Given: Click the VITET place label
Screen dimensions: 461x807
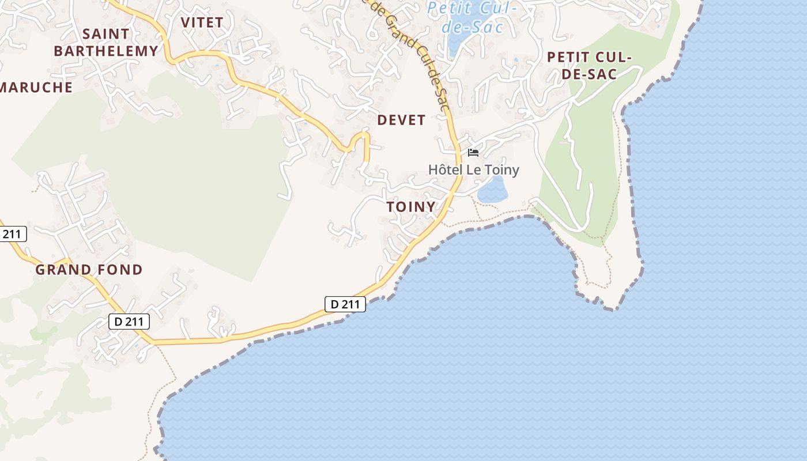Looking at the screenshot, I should coord(202,22).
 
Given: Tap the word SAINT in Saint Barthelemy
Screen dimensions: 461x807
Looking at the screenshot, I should coord(106,34).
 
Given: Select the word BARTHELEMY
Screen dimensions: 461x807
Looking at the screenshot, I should coord(106,51).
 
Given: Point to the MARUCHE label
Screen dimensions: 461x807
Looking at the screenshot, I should coord(36,87).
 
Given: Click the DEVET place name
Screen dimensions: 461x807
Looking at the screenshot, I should coord(401,120).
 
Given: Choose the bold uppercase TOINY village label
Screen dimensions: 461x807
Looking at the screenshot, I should coord(410,207).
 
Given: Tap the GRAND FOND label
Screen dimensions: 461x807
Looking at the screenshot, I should coord(89,270).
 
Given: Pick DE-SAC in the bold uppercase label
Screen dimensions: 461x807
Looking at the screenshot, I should coord(589,74).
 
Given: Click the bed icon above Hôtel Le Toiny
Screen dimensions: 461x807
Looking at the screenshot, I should coord(473,153).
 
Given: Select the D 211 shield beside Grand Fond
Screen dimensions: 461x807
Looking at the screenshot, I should coord(129,322).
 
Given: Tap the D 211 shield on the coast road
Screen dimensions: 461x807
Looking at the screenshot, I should coord(345,304).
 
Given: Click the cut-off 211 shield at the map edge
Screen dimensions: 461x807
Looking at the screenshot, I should coord(12,234).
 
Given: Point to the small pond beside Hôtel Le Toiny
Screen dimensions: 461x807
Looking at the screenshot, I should coord(493,190).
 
